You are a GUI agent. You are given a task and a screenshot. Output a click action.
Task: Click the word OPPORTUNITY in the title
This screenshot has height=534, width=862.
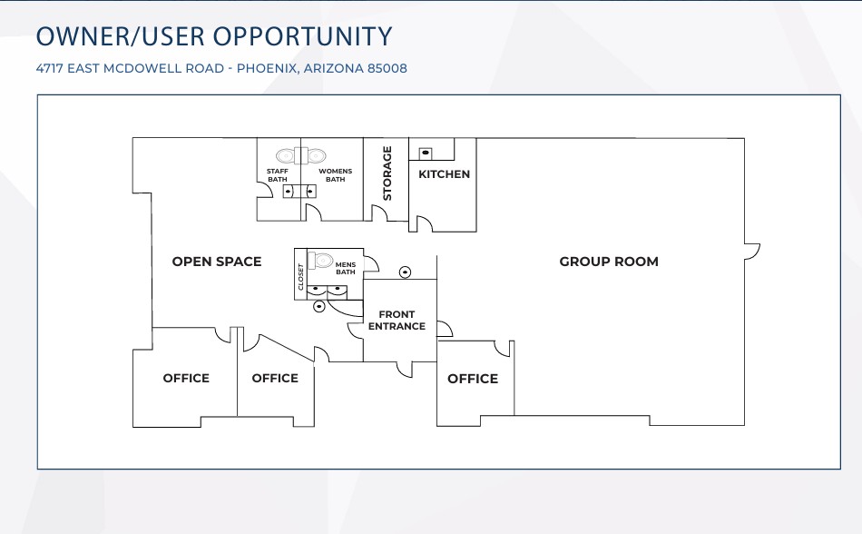tap(302, 36)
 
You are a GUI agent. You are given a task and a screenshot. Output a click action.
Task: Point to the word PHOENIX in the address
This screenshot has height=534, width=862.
tap(268, 69)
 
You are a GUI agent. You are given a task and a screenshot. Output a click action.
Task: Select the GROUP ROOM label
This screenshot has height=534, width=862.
tap(609, 262)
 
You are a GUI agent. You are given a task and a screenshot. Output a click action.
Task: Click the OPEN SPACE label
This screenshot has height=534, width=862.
tap(217, 262)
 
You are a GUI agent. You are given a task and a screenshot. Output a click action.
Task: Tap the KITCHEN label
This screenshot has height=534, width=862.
tap(445, 174)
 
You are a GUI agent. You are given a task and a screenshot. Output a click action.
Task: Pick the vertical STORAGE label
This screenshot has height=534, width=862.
tap(387, 173)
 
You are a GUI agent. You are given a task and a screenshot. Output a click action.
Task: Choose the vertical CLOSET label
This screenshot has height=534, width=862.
tap(300, 277)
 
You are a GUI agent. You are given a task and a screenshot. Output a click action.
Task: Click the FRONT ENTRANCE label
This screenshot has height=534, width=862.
tap(397, 320)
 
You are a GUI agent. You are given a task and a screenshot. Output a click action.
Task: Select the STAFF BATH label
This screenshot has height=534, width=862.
tap(278, 175)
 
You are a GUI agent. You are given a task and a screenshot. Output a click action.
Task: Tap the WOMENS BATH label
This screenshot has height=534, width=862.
tap(336, 175)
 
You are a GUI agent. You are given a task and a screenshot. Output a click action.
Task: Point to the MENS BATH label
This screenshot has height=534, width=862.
tap(345, 269)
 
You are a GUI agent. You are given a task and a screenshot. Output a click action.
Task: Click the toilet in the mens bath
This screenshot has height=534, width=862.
tap(320, 260)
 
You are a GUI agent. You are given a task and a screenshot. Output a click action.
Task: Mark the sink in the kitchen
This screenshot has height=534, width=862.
tap(426, 153)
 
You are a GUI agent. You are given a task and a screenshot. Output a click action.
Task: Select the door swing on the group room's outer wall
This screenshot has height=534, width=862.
tap(752, 252)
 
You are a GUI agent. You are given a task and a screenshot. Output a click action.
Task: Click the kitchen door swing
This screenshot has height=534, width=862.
tap(425, 223)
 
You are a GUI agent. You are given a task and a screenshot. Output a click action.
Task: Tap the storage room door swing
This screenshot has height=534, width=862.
tap(380, 213)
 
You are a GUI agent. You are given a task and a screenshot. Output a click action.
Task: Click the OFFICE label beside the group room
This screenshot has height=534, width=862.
tap(473, 379)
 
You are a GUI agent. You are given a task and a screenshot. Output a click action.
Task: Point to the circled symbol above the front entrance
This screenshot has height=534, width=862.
tap(406, 272)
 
